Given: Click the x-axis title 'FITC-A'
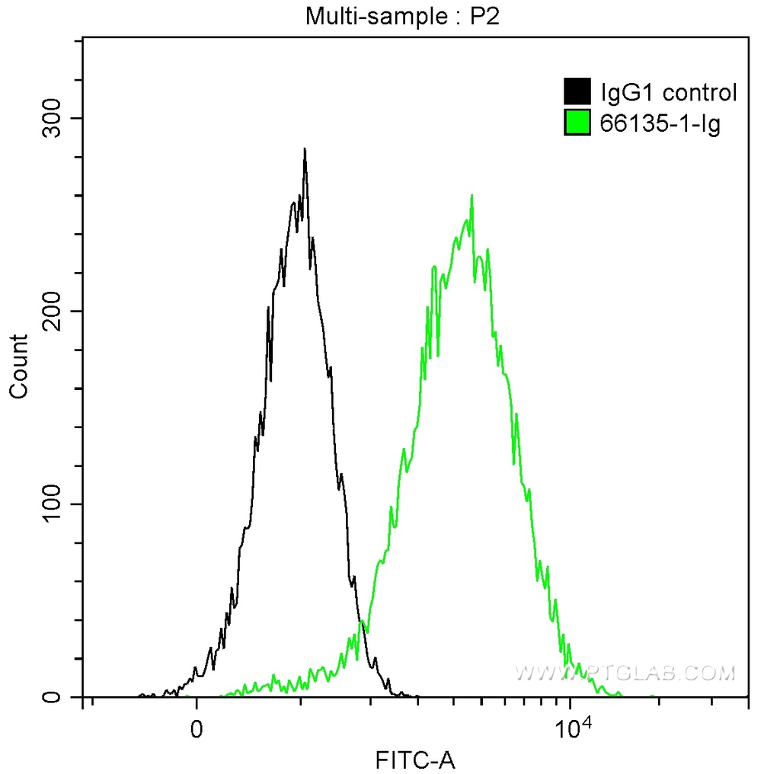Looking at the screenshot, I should [415, 759].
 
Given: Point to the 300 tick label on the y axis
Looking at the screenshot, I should [53, 118].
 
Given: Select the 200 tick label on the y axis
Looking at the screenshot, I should [53, 312].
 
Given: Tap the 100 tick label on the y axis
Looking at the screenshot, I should [53, 504].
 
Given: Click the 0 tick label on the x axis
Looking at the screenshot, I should [197, 727].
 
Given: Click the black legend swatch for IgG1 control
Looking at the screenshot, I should [577, 92].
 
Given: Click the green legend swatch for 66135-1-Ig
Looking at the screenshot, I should [577, 122].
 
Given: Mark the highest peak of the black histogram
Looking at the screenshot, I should [305, 149].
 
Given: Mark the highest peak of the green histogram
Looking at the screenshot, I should [472, 196].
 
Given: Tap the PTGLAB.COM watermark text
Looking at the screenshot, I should [626, 673].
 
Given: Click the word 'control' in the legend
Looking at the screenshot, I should [699, 93].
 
